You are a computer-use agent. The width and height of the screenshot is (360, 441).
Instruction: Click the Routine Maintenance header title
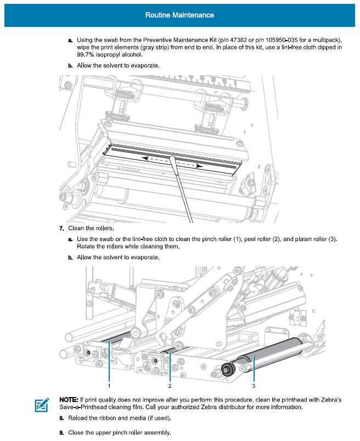pos(179,15)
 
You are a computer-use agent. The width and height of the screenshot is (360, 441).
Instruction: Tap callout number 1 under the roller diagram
pos(110,386)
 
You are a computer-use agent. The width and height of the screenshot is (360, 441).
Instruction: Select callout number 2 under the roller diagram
pos(170,386)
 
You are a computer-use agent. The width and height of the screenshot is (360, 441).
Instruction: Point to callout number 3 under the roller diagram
pos(254,386)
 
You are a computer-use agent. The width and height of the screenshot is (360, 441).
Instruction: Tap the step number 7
pos(61,228)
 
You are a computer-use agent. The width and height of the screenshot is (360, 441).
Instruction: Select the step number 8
pos(61,418)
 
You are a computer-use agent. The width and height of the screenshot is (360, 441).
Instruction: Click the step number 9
pos(61,433)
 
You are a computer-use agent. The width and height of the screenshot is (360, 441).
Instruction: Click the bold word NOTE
pos(68,399)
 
